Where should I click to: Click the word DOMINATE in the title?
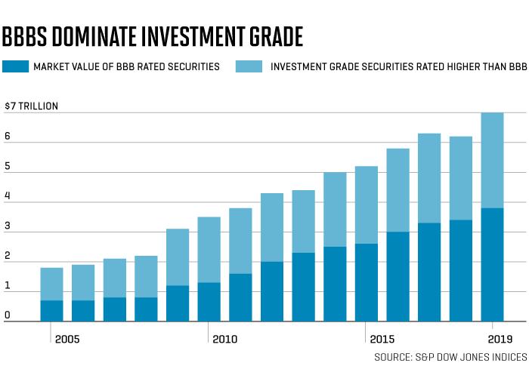(94, 36)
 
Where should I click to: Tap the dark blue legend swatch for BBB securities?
(16, 66)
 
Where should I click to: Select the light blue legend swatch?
(249, 66)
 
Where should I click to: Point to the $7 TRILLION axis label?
(32, 106)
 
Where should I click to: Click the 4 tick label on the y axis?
(8, 195)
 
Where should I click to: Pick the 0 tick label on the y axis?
(8, 315)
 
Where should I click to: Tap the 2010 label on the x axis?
(224, 339)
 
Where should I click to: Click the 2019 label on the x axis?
(500, 339)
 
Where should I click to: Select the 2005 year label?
(67, 339)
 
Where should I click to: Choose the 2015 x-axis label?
(382, 339)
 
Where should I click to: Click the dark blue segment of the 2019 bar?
(492, 265)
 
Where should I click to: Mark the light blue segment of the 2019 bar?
(492, 161)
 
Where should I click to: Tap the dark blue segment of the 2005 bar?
(51, 311)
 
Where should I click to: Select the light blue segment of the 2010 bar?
(209, 250)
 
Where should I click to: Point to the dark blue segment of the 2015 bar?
(367, 283)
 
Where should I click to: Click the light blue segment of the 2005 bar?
(51, 284)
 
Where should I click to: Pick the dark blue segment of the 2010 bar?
(209, 302)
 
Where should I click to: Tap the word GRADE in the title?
(276, 36)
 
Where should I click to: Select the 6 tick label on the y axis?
(8, 136)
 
